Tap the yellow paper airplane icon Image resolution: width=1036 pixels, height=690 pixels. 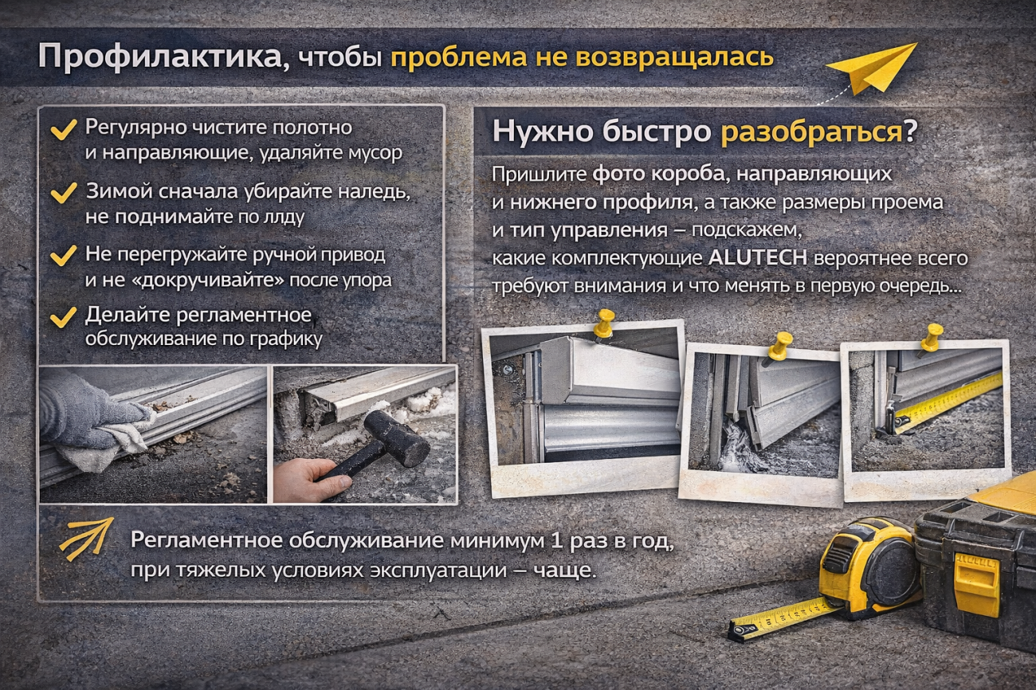coord(873,67)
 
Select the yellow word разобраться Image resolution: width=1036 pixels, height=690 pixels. coord(811,132)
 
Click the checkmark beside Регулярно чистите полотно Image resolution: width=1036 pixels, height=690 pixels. coord(63,131)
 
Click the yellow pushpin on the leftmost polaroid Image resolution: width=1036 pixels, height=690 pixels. coord(603,322)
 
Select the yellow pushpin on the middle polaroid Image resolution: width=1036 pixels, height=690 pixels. coord(779,345)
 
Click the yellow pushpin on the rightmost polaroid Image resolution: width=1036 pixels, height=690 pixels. coord(930,335)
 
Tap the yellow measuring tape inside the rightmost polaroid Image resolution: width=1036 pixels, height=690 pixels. coord(948,403)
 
